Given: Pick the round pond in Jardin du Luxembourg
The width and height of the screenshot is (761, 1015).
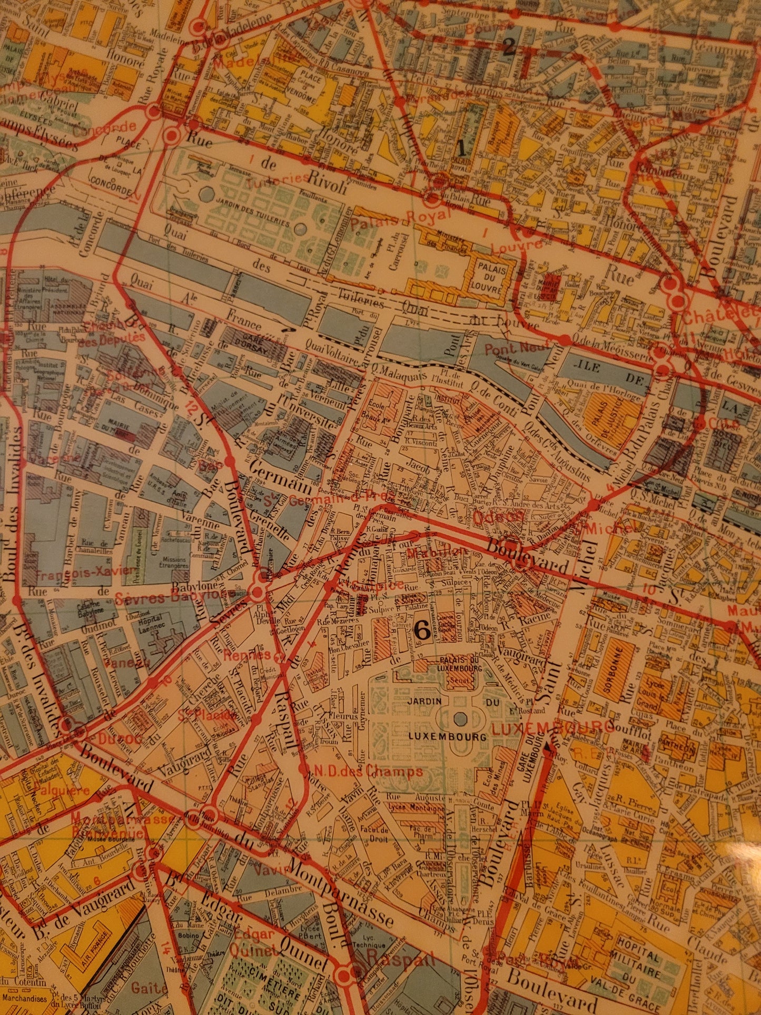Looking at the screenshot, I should pyautogui.click(x=460, y=718).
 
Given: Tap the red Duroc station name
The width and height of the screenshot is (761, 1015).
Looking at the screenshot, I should pyautogui.click(x=103, y=739).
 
